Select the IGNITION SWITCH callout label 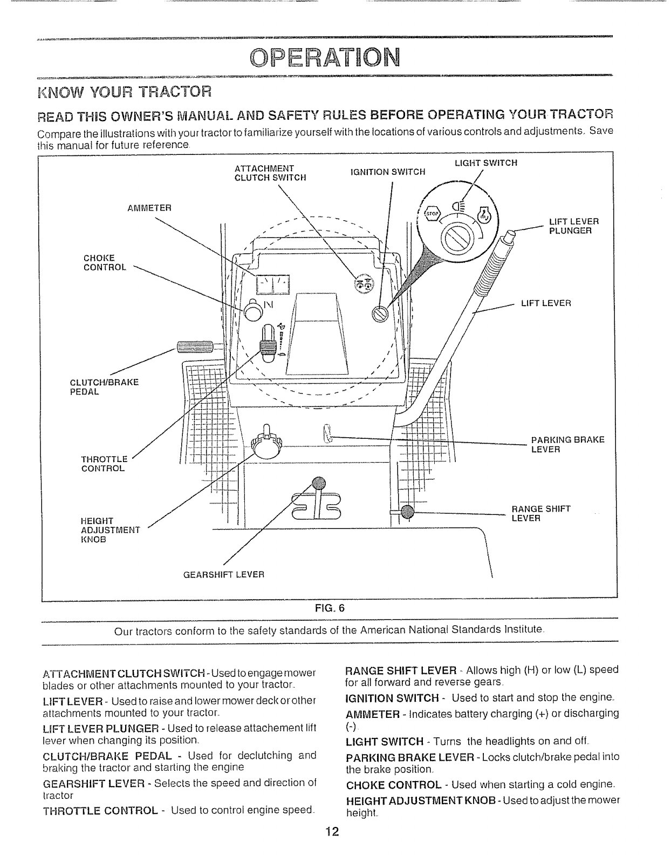click(x=388, y=172)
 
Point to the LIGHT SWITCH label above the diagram click(x=486, y=162)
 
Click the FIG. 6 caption click(x=329, y=607)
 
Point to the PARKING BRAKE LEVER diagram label click(x=567, y=444)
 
